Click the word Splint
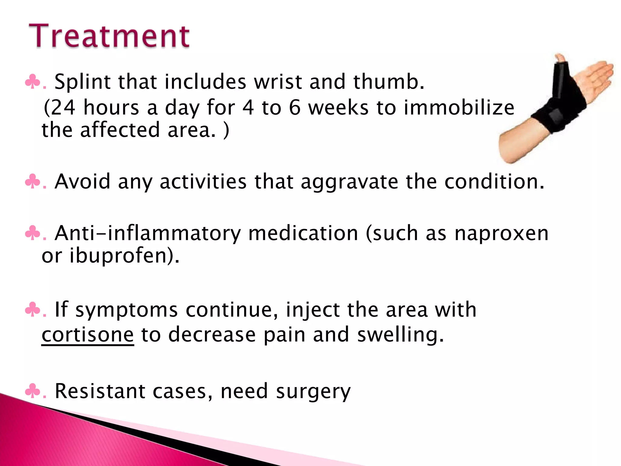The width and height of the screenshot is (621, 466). [x=82, y=82]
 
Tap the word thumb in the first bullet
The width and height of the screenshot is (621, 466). [x=388, y=82]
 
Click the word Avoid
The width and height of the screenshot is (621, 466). [x=82, y=181]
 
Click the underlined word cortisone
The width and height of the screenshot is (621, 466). [x=88, y=334]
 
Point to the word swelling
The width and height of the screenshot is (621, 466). [x=400, y=335]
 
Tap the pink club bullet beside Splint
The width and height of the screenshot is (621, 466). [x=32, y=82]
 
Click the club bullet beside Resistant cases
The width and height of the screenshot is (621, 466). [x=32, y=391]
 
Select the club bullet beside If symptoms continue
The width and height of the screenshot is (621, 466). [x=32, y=310]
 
